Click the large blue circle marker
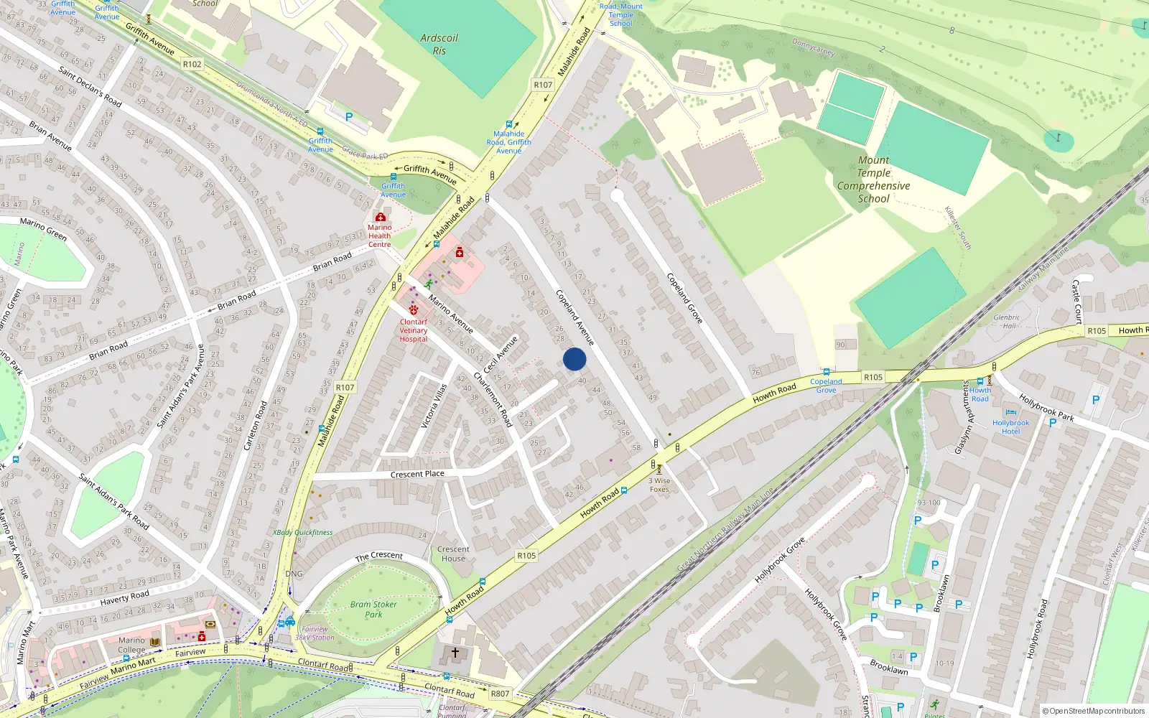coord(574,359)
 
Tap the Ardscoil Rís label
coord(439,45)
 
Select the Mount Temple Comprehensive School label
coord(873,179)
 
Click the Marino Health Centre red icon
coord(380,217)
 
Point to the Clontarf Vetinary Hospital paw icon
coord(414,310)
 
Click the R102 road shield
coord(192,64)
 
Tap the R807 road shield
coord(500,694)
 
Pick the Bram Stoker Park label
coord(373,609)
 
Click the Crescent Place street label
coord(417,474)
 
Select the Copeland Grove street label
coord(684,298)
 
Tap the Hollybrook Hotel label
coord(1010,426)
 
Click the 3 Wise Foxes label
coord(659,485)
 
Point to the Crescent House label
coord(453,554)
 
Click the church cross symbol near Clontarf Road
coord(455,653)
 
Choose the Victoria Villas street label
coord(434,406)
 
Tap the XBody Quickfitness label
coord(302,533)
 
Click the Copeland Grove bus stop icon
coord(826,373)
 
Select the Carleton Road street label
coord(255,425)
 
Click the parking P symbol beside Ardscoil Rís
coord(349,117)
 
